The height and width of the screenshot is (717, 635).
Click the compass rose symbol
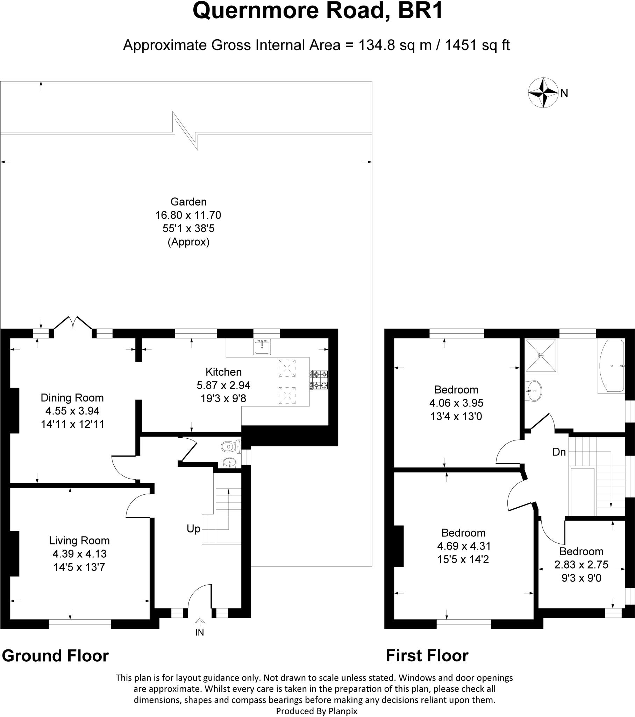coord(543,93)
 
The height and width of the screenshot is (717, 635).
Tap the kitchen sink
coord(262,347)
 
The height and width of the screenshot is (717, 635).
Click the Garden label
coord(188,202)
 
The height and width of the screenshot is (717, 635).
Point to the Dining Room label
coord(72,398)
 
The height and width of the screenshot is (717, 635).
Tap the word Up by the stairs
coord(193,529)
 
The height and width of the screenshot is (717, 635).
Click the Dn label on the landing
coord(559,452)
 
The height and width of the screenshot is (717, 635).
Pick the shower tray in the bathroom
coord(541,355)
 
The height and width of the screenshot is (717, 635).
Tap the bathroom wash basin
coord(535,390)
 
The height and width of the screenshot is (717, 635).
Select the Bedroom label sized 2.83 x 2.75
coord(581,551)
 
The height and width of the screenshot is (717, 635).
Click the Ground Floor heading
coord(55,656)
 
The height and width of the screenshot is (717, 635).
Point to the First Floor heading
coord(427,656)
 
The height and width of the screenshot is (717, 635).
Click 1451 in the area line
coord(459,45)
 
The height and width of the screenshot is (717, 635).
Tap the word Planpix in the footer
coord(343,711)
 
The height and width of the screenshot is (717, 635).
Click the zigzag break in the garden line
coord(185,131)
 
